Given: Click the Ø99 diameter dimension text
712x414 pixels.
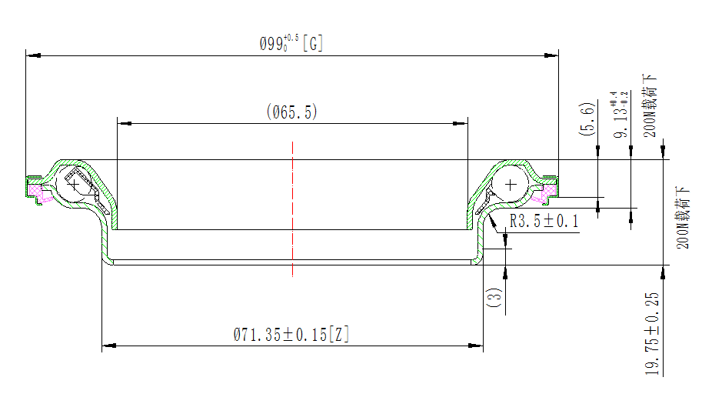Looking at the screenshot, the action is (279, 44).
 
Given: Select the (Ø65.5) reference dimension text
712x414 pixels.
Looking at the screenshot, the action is (292, 112).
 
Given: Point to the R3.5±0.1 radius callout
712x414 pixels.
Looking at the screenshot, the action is (544, 221).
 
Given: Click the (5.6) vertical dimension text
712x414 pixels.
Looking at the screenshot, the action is (587, 119).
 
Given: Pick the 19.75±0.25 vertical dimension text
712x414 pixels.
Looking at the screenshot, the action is (651, 334).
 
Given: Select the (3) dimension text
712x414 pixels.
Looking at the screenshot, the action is (494, 297).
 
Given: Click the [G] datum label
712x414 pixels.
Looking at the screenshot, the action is (313, 44).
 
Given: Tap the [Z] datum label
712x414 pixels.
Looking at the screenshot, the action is (339, 335).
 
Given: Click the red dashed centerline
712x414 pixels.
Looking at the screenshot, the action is (293, 209).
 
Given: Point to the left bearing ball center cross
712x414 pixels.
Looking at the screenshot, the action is (74, 185).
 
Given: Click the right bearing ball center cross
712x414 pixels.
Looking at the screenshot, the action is (511, 185).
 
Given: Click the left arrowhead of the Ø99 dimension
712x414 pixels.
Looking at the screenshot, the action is (33, 55).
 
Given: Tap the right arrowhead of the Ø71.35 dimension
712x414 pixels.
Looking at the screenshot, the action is (475, 346).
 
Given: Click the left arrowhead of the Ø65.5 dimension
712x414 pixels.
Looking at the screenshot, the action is (125, 123).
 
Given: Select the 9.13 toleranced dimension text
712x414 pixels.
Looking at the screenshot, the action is (621, 115).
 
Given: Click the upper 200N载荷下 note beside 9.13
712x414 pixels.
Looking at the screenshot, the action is (650, 105).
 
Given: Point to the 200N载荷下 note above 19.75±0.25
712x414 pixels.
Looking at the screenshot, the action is (683, 217).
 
